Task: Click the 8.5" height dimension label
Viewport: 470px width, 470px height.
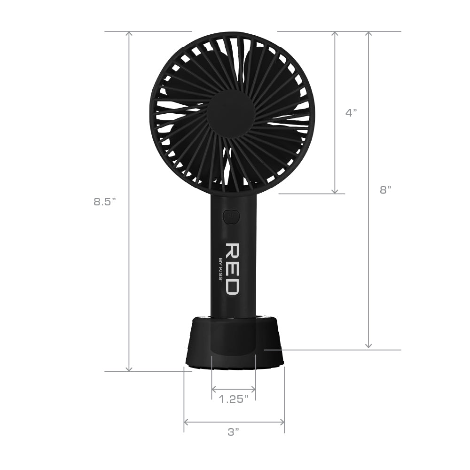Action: coord(104,202)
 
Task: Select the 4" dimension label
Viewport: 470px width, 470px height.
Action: coord(351,113)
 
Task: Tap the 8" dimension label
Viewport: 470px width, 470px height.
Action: coord(385,190)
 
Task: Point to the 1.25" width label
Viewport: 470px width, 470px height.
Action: coord(234,399)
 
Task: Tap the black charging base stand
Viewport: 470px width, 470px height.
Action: coord(234,343)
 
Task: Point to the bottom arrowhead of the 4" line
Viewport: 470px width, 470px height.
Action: coord(335,191)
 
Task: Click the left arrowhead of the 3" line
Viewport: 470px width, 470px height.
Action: coord(186,422)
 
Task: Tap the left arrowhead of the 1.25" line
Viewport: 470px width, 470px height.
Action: coord(214,389)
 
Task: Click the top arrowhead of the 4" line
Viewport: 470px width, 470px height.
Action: coord(335,34)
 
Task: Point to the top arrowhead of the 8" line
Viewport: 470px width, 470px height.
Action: coord(368,34)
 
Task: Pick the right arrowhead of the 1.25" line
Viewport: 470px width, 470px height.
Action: coord(253,389)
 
